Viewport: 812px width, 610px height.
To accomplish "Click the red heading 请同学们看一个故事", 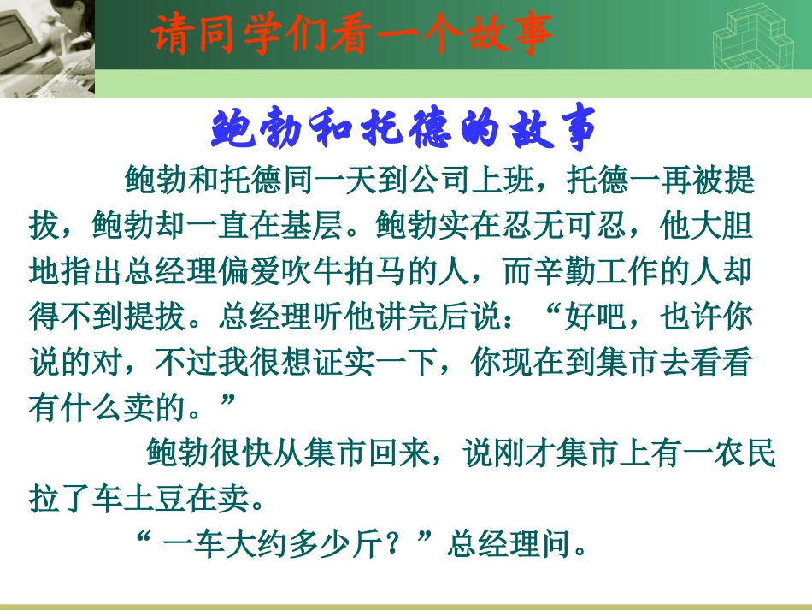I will point(351,36).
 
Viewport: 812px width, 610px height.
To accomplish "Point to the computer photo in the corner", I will point(47,47).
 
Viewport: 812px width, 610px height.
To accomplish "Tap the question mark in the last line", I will point(390,544).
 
